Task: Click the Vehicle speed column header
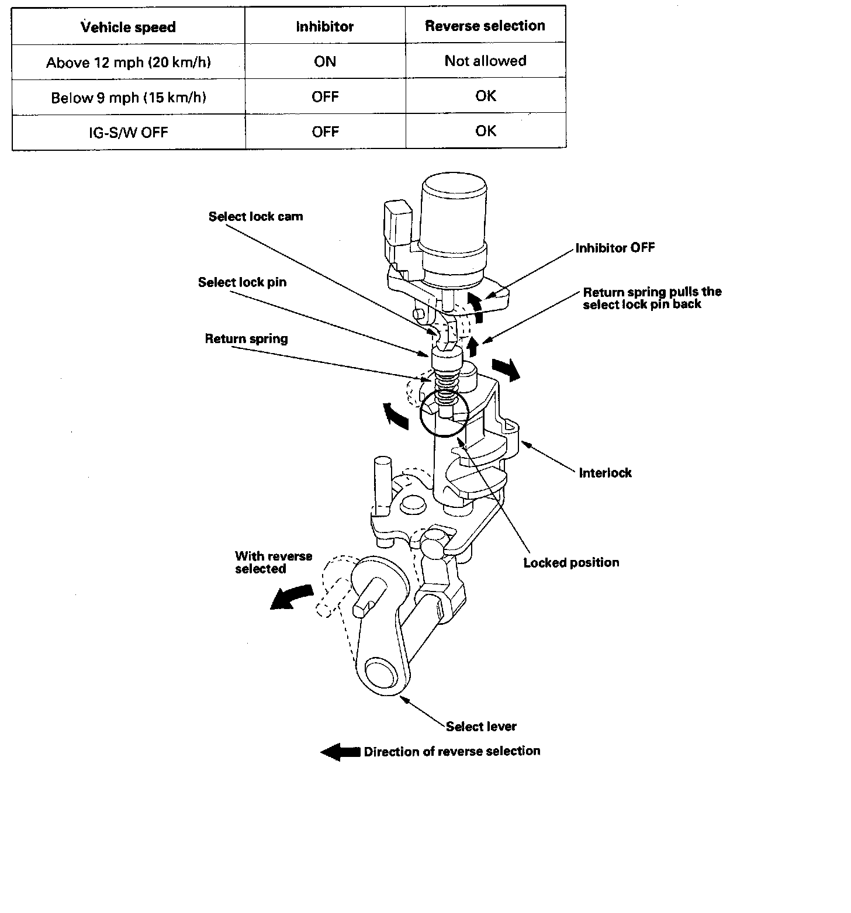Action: (128, 27)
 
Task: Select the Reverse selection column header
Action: (485, 26)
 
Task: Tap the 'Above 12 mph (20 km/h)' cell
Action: (128, 62)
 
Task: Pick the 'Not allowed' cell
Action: (485, 61)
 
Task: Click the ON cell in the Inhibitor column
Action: (325, 61)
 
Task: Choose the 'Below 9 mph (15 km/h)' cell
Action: (128, 97)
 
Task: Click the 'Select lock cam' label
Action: (255, 216)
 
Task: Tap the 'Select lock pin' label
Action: (242, 282)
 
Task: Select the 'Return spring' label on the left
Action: (246, 338)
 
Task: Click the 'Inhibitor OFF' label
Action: (615, 248)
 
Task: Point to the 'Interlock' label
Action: (605, 472)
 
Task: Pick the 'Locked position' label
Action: (571, 562)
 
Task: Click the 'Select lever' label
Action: (481, 727)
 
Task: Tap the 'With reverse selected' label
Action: (274, 562)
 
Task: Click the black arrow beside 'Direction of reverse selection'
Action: (340, 752)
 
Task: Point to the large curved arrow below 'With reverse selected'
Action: (289, 597)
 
